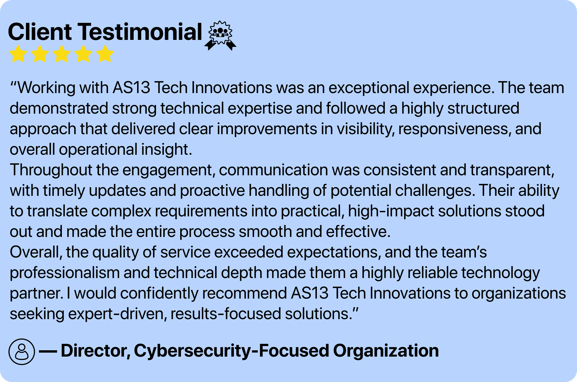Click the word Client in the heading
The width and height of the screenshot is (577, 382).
(x=40, y=32)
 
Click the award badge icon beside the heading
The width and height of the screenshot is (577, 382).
(x=220, y=36)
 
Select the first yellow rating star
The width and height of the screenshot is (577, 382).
(x=18, y=54)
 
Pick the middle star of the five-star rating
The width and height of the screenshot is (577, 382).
(x=62, y=54)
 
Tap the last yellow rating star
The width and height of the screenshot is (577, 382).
(x=105, y=54)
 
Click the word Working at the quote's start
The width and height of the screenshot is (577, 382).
(x=46, y=88)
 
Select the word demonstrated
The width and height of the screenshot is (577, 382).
(x=59, y=108)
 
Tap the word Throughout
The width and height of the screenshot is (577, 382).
(x=51, y=170)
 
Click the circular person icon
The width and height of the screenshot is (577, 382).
(x=22, y=351)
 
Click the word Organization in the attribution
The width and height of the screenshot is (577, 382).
(x=386, y=351)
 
